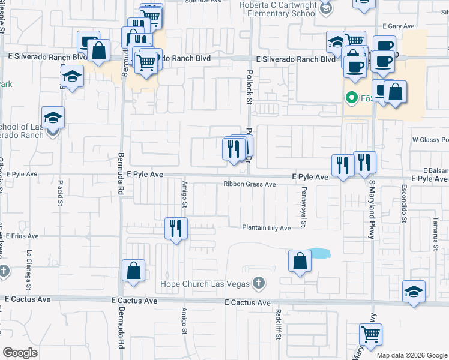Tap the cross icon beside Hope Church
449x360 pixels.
[x=259, y=282]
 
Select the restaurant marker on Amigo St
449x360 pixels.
[x=176, y=229]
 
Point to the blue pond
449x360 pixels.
[x=320, y=253]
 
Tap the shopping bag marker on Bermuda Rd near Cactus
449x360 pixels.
[x=133, y=271]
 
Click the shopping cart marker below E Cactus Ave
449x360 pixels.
[x=370, y=334]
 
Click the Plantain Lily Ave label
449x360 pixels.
[x=266, y=228]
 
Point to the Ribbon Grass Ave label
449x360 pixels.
[x=249, y=184]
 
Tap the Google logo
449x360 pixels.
[x=20, y=353]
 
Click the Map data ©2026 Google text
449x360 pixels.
[x=412, y=355]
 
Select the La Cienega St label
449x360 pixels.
[x=29, y=266]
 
